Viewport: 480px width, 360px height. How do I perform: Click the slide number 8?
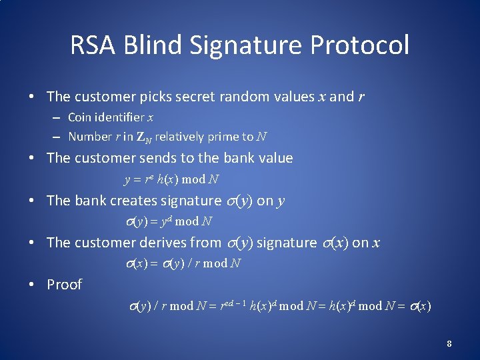pos(449,344)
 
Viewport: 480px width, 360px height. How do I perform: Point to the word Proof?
pos(64,285)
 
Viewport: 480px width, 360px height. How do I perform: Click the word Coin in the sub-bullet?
pos(80,117)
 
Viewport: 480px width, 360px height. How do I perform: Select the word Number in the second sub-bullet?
pos(89,137)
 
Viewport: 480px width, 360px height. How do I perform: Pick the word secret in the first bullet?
pos(193,97)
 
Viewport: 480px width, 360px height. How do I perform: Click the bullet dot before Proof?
pos(31,285)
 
